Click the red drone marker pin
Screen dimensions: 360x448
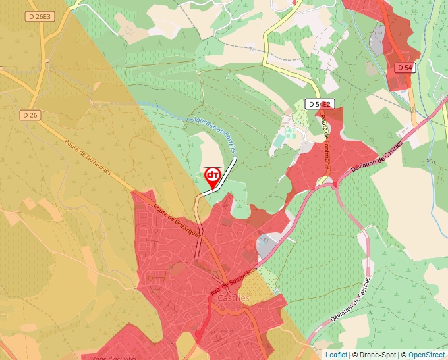tap(213, 176)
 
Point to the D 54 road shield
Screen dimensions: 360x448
tap(405, 68)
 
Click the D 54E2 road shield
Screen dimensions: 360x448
tap(320, 104)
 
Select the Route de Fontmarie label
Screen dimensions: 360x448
tap(325, 143)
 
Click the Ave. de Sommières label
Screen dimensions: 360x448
tap(235, 276)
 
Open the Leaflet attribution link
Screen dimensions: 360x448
tap(336, 355)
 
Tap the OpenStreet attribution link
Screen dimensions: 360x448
tap(426, 355)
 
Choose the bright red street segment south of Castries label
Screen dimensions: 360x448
tap(204, 322)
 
